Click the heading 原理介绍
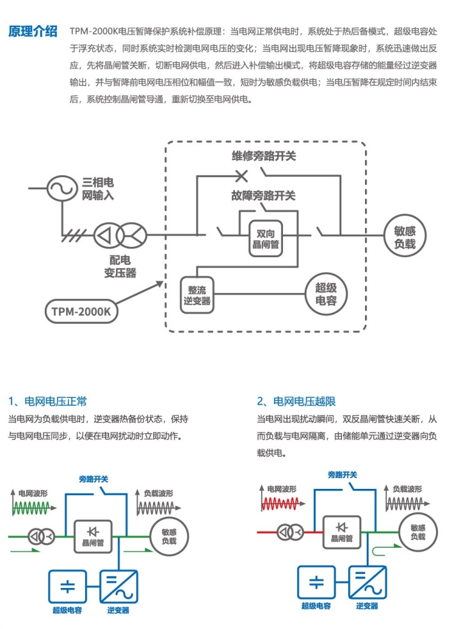point(33,32)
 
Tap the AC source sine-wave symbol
point(61,187)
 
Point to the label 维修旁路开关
point(264,156)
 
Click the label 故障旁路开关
point(264,196)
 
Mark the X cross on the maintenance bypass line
point(241,174)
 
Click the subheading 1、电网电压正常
point(48,401)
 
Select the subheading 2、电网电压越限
point(296,401)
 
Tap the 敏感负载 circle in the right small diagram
point(417,532)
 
